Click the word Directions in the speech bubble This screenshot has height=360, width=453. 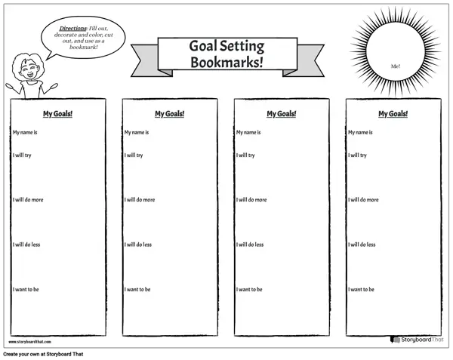tap(72, 28)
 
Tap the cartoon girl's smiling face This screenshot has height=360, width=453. tap(29, 70)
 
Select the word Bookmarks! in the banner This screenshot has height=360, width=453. tap(226, 62)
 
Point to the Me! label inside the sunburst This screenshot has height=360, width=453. tap(396, 66)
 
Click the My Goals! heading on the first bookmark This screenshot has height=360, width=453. tap(58, 114)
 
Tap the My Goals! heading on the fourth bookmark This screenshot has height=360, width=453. tap(393, 114)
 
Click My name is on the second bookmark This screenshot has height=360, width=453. tap(137, 132)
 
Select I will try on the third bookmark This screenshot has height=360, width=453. tap(245, 155)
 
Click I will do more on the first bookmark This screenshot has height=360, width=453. tap(28, 199)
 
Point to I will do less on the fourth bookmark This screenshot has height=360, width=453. tap(362, 245)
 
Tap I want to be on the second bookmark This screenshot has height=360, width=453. tap(137, 289)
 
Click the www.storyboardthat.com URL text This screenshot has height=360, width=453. tap(29, 342)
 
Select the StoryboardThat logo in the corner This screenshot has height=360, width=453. tap(417, 340)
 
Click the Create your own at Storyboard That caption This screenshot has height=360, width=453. tap(43, 354)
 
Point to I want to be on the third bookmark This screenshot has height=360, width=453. tap(249, 289)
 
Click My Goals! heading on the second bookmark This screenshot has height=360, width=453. tap(170, 114)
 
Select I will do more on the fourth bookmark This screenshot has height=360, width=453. tap(363, 199)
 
